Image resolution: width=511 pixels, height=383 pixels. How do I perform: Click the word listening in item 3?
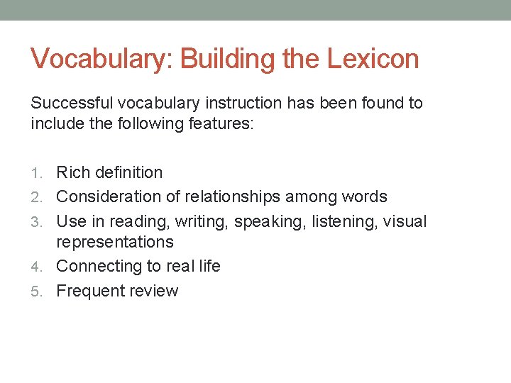click(x=341, y=221)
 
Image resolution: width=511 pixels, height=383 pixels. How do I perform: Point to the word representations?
click(x=114, y=242)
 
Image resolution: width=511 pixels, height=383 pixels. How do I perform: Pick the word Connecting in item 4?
click(x=96, y=266)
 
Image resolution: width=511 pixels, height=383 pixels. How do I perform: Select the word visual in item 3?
click(x=405, y=221)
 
